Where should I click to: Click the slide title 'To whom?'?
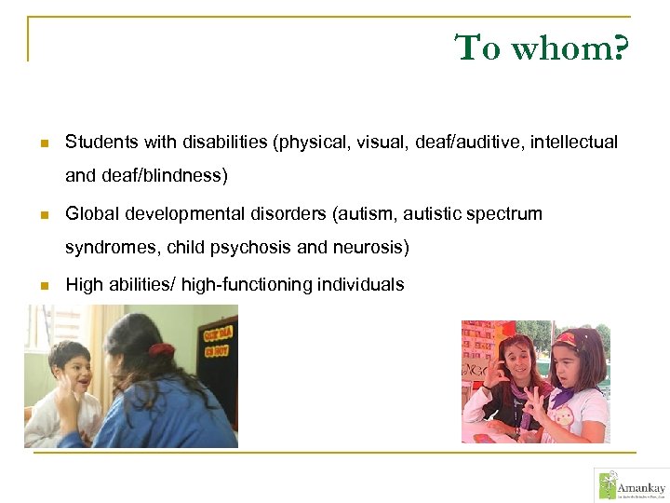pos(542,48)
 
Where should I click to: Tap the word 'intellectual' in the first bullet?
pos(573,143)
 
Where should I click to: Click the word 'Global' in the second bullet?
pos(91,214)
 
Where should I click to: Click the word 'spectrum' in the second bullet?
pos(502,214)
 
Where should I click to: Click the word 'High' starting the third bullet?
pos(84,285)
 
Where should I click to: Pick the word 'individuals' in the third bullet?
pos(361,285)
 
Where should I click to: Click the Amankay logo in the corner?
pos(630,484)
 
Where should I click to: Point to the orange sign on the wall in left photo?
pos(215,336)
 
